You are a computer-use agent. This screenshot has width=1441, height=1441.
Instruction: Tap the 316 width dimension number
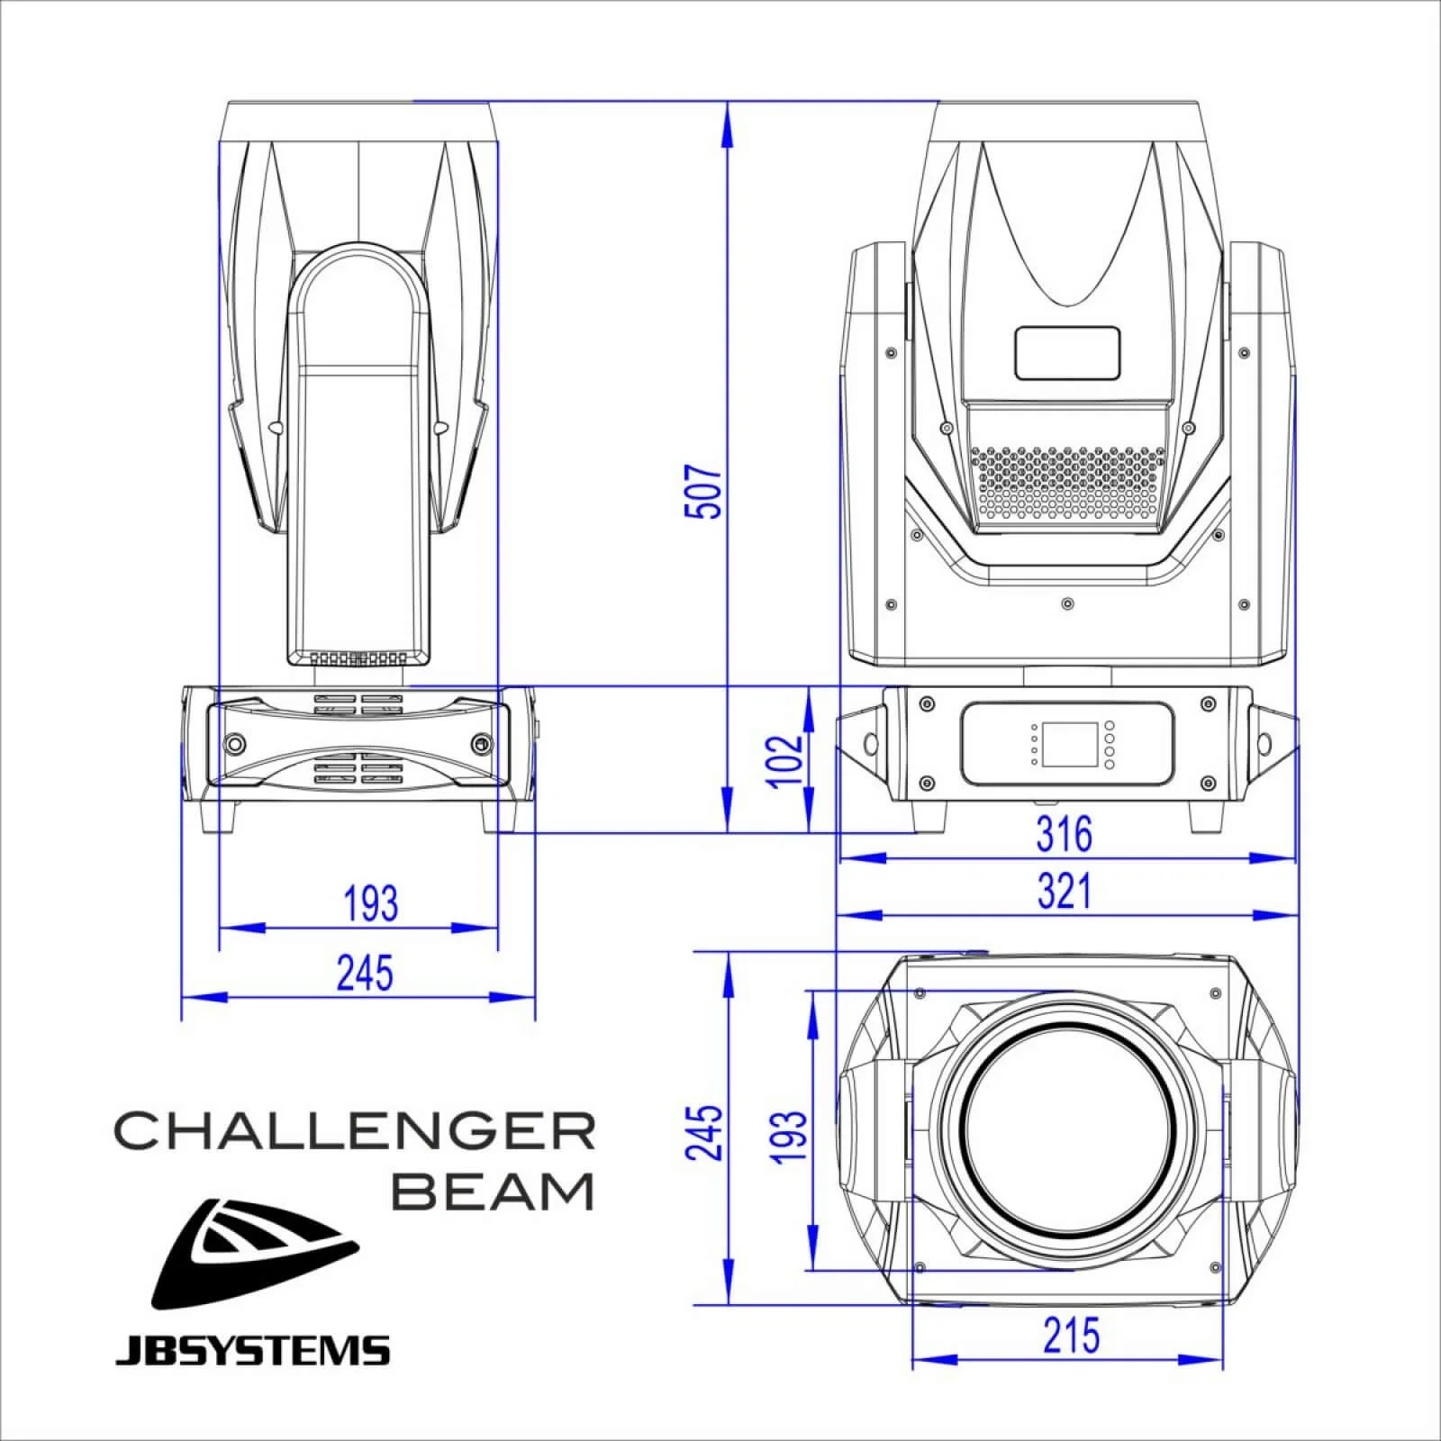pyautogui.click(x=1064, y=834)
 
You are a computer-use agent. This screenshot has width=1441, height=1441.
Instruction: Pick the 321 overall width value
pyautogui.click(x=1064, y=892)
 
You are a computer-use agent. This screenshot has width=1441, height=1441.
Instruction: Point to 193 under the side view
pyautogui.click(x=370, y=903)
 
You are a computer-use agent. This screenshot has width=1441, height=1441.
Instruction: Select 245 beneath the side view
pyautogui.click(x=365, y=974)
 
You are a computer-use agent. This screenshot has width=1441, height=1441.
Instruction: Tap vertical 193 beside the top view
pyautogui.click(x=788, y=1135)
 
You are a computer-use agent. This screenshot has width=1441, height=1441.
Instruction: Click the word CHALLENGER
pyautogui.click(x=354, y=1130)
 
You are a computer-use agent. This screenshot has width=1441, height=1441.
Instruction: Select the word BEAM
pyautogui.click(x=494, y=1192)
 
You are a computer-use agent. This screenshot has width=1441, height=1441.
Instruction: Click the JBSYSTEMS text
pyautogui.click(x=252, y=1351)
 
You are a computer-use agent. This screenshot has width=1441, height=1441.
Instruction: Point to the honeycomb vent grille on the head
pyautogui.click(x=1068, y=483)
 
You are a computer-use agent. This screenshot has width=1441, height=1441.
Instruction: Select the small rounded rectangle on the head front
pyautogui.click(x=1067, y=353)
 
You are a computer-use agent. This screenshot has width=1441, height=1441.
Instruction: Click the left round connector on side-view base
pyautogui.click(x=234, y=744)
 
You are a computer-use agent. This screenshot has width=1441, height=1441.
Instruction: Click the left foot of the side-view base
pyautogui.click(x=217, y=817)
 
